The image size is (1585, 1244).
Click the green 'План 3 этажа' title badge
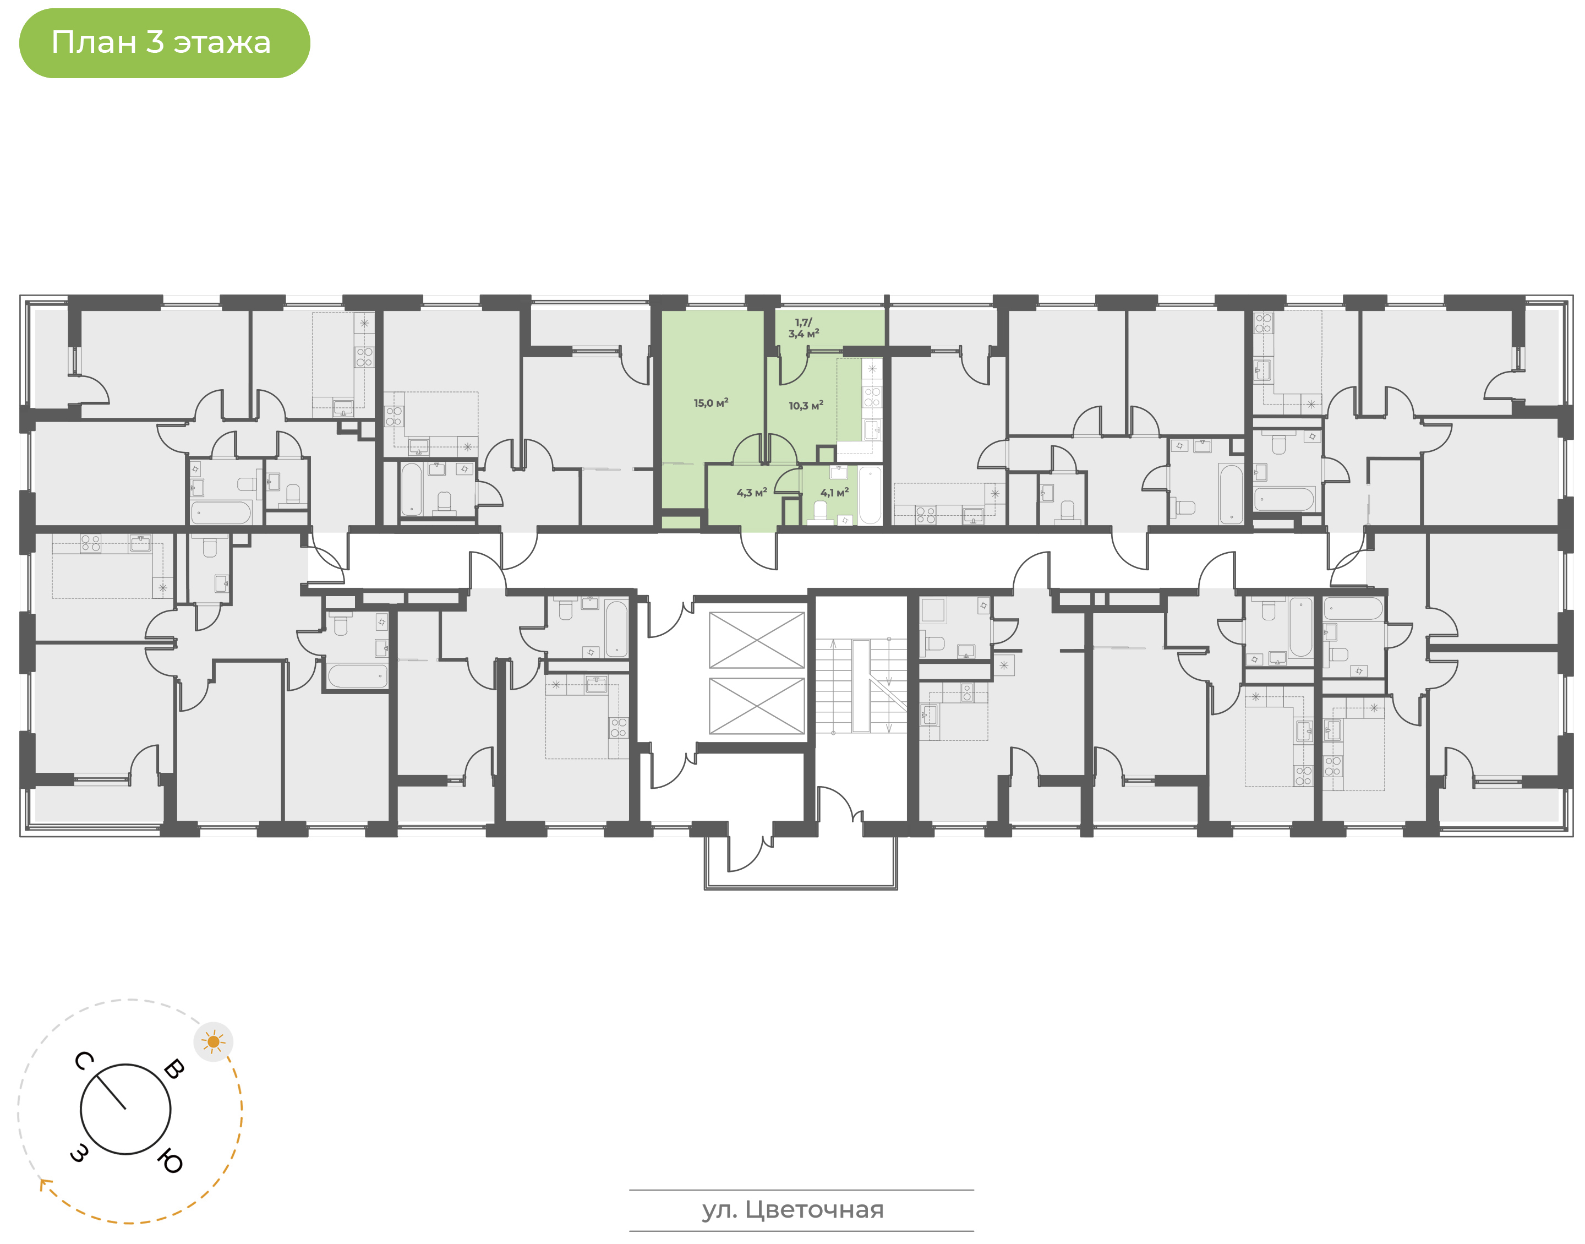pyautogui.click(x=164, y=43)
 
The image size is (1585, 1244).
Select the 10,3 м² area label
pyautogui.click(x=805, y=405)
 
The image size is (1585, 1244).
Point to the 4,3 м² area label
pyautogui.click(x=751, y=492)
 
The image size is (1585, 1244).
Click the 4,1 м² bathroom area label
pyautogui.click(x=834, y=492)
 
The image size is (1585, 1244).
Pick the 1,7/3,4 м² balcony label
pyautogui.click(x=804, y=328)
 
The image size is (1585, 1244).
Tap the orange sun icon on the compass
pyautogui.click(x=214, y=1042)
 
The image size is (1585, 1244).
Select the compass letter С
pyautogui.click(x=84, y=1061)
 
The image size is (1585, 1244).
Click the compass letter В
pyautogui.click(x=174, y=1069)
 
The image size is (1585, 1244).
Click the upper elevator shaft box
pyautogui.click(x=757, y=640)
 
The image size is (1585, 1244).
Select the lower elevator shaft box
pyautogui.click(x=757, y=706)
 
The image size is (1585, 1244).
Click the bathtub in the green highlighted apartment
pyautogui.click(x=870, y=495)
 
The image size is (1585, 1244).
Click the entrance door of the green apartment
pyautogui.click(x=758, y=550)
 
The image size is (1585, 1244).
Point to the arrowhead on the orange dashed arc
pyautogui.click(x=45, y=1183)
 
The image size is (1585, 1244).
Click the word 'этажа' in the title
pyautogui.click(x=221, y=43)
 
